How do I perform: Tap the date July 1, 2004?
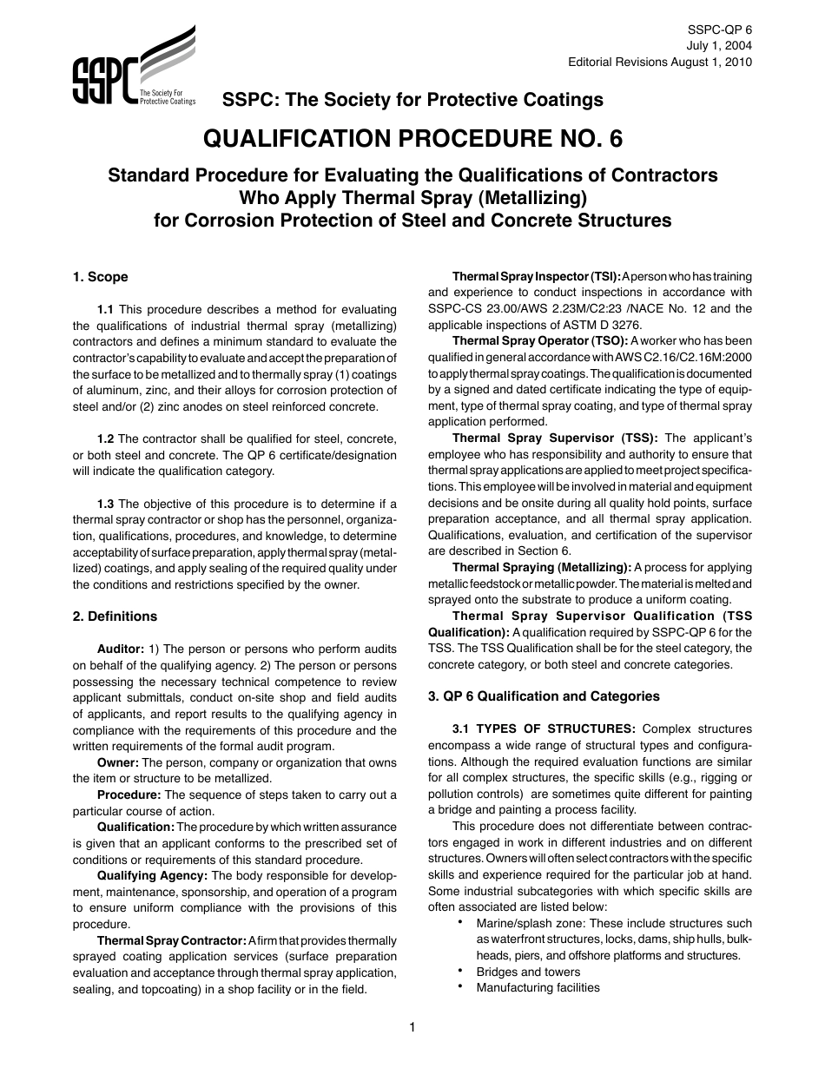[x=721, y=45]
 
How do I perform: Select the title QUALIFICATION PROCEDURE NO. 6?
[x=412, y=139]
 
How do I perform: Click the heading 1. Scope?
[x=100, y=277]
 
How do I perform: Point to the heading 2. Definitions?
[x=115, y=616]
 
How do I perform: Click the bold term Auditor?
[x=120, y=649]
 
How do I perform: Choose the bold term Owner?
[x=117, y=762]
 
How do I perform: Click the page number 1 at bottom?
[x=412, y=1028]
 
